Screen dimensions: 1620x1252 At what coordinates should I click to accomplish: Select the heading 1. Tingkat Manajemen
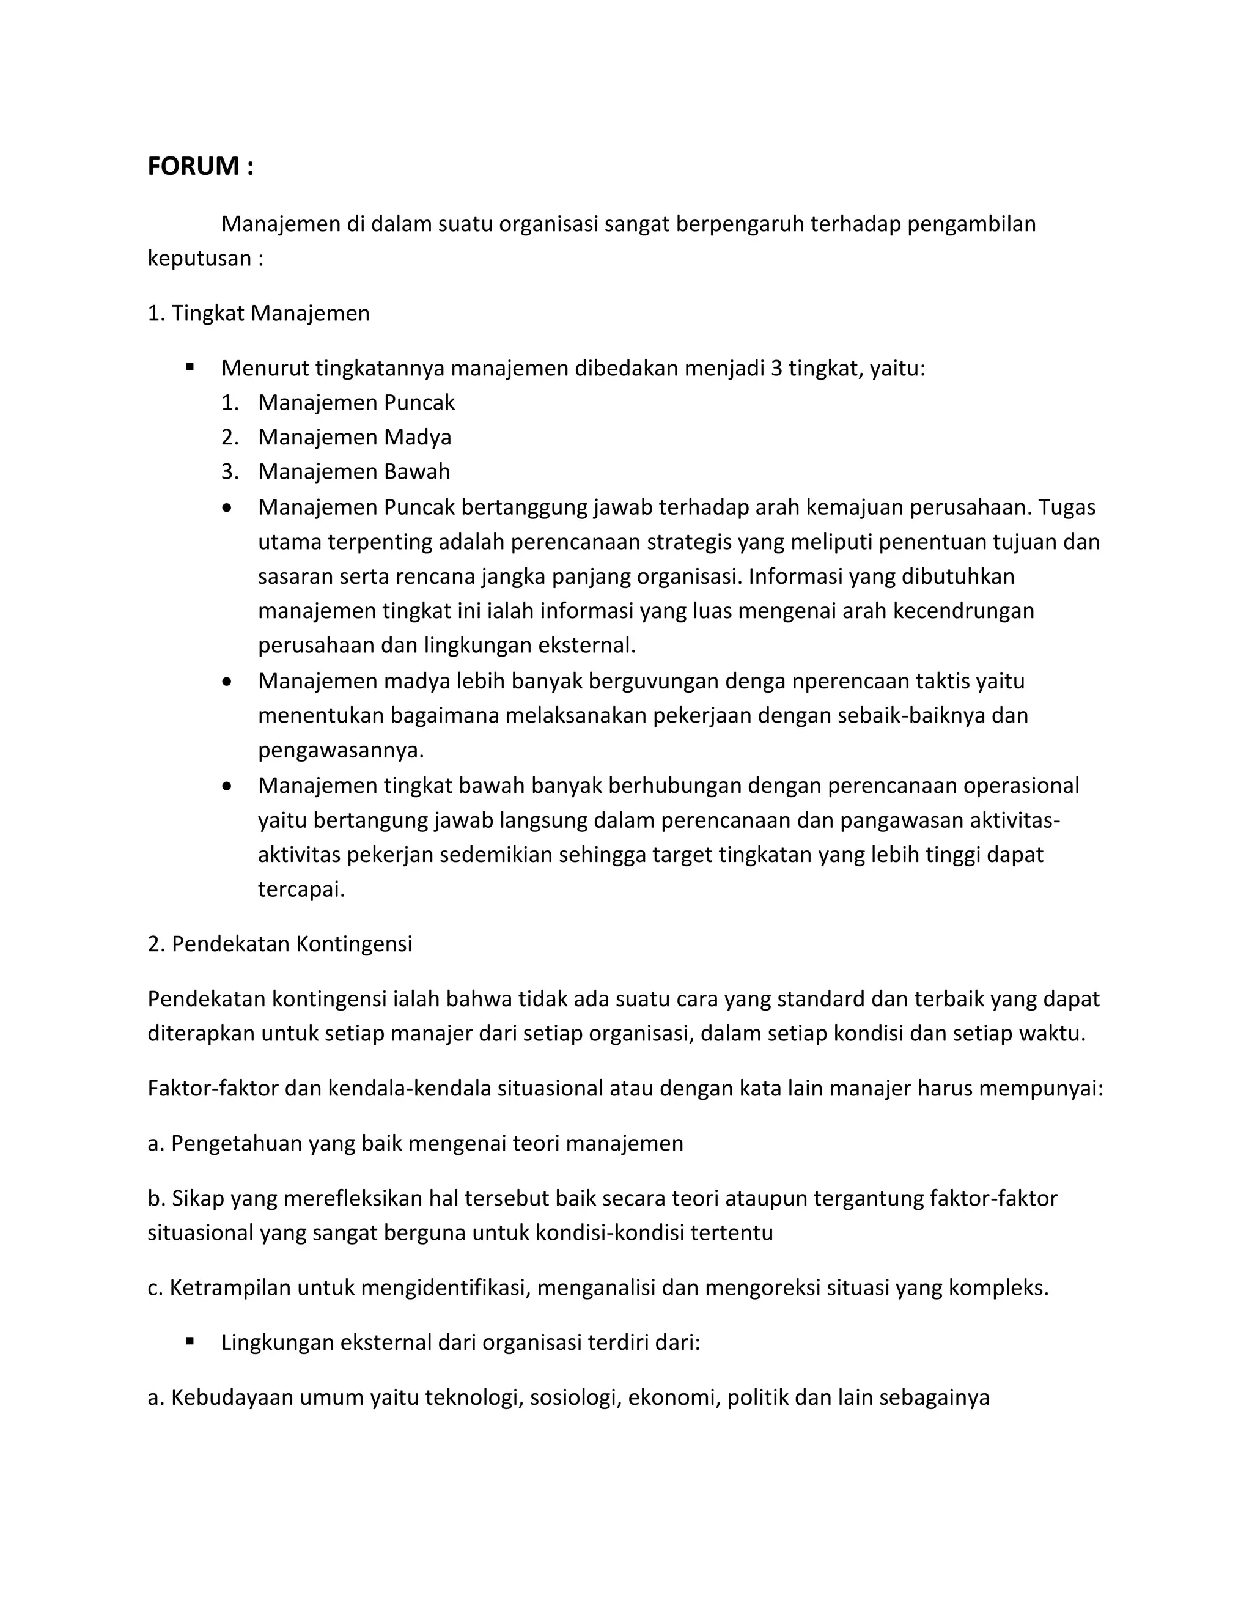pyautogui.click(x=258, y=314)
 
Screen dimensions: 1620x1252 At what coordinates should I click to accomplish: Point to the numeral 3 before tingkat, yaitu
pyautogui.click(x=776, y=369)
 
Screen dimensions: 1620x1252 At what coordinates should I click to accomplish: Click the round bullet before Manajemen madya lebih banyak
pyautogui.click(x=227, y=681)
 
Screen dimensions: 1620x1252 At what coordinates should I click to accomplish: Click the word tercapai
pyautogui.click(x=301, y=889)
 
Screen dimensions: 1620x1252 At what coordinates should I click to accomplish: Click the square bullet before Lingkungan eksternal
pyautogui.click(x=191, y=1341)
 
